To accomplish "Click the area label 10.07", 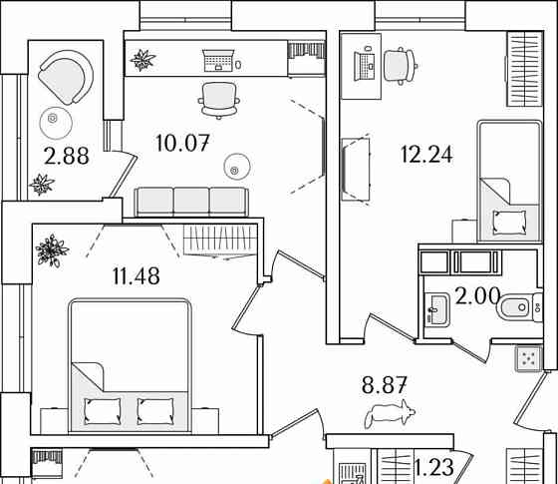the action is (182, 143).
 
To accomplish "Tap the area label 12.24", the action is (426, 155).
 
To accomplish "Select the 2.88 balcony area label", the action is (66, 156).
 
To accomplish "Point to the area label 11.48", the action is (136, 275).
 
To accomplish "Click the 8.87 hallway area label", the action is (384, 385).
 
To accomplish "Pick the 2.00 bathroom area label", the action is (477, 295).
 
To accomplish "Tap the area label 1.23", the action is (434, 467).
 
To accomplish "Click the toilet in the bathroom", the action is (519, 307).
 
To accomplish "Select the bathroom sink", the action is (437, 309).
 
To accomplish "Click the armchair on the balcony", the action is (66, 77).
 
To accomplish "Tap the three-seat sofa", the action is (191, 202).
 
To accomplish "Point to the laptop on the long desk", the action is (218, 60).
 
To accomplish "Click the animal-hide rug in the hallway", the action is (390, 413).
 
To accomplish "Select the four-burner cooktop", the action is (528, 358).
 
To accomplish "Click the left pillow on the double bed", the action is (103, 411).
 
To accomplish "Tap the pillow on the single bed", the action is (509, 222).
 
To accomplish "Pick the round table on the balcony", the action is (56, 123).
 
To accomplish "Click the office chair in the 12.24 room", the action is (401, 66).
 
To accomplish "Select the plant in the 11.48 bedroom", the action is (52, 250).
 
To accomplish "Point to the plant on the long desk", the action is (142, 60).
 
